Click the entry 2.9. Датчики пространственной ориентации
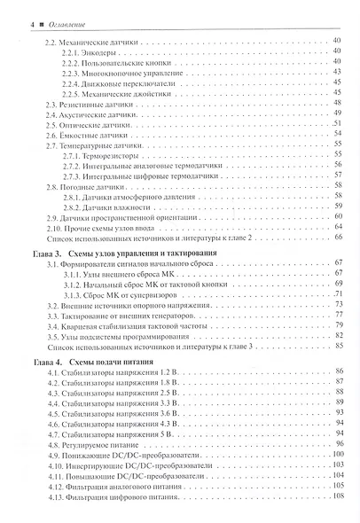point(124,216)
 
